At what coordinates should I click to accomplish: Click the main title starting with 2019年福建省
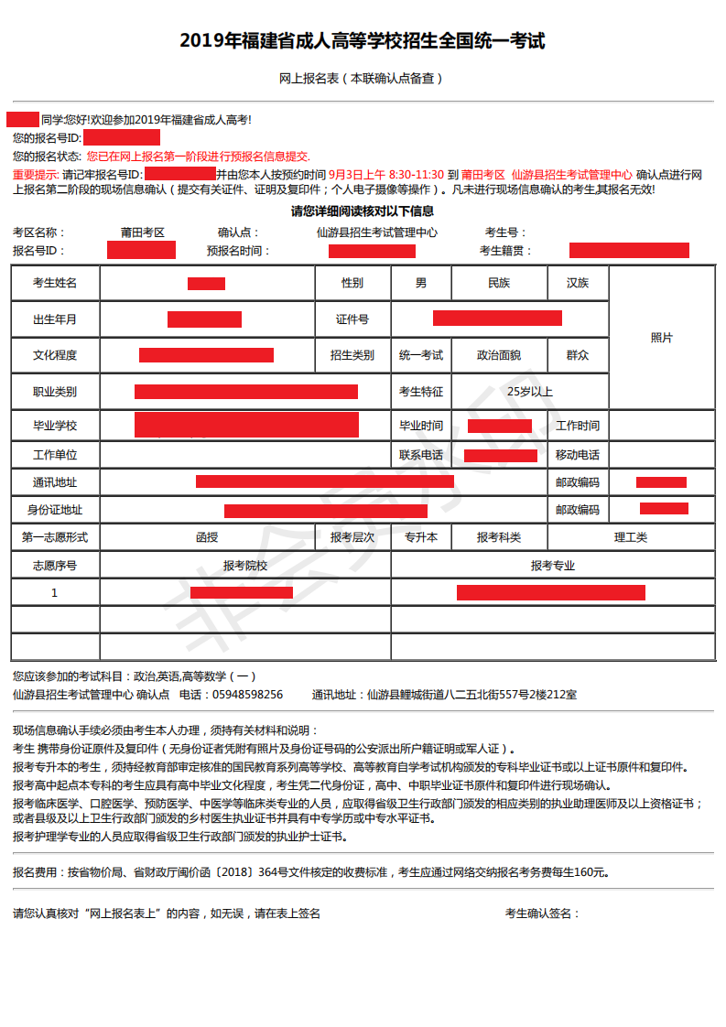tap(363, 41)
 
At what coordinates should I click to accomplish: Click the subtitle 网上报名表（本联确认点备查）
tap(363, 79)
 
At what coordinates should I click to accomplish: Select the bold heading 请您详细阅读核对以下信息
tap(363, 211)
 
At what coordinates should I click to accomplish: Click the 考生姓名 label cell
tap(55, 283)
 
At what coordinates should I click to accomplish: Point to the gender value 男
tap(421, 283)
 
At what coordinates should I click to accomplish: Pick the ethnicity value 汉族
tap(578, 283)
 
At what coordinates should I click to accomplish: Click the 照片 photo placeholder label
tap(661, 338)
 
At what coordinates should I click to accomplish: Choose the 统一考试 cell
tap(421, 355)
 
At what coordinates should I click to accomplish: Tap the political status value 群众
tap(578, 355)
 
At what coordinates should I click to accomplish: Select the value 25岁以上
tap(530, 392)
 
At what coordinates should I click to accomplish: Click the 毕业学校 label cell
tap(55, 426)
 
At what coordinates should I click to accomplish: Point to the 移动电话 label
tap(578, 455)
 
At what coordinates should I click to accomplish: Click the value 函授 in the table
tap(207, 537)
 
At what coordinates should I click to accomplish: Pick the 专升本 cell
tap(421, 537)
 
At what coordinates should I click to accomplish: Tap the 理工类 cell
tap(630, 537)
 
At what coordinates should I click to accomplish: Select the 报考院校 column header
tap(245, 566)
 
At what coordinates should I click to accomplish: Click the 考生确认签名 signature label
tap(542, 913)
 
